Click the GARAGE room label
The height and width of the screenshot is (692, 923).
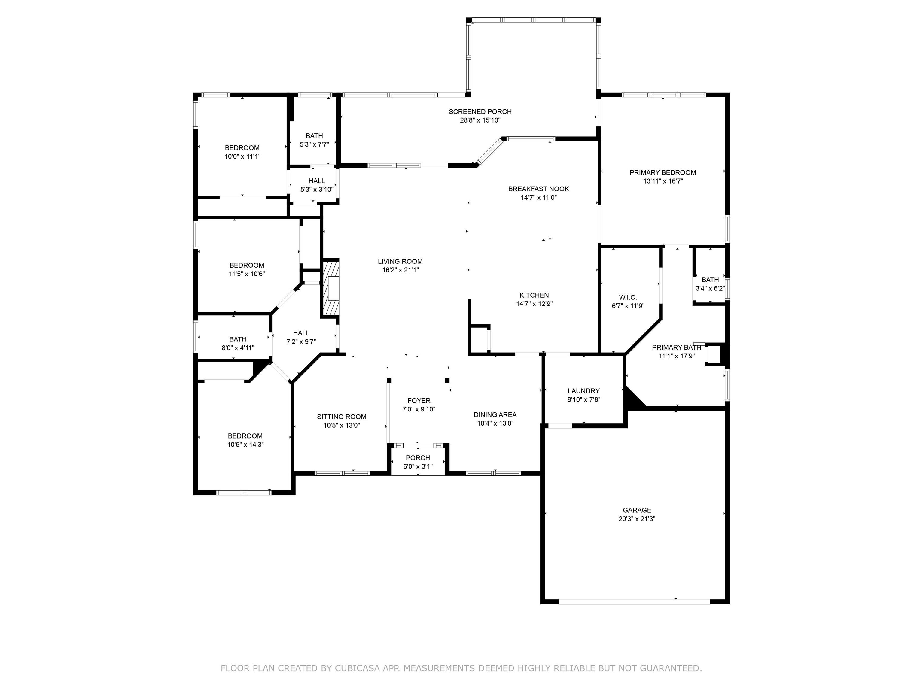[x=637, y=510]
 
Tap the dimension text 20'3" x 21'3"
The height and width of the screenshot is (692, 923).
[x=637, y=519]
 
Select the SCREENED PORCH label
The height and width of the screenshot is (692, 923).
[x=480, y=111]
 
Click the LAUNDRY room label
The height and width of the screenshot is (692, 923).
[x=583, y=391]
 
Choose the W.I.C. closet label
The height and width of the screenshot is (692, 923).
[x=628, y=297]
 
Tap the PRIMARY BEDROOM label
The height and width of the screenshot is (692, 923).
[x=663, y=172]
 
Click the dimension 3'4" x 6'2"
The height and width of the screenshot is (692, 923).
[x=710, y=288]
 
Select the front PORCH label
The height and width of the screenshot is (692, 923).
[x=418, y=458]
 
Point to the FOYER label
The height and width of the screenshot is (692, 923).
[x=419, y=400]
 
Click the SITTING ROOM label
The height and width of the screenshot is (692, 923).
[x=341, y=416]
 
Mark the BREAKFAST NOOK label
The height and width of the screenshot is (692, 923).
[x=538, y=189]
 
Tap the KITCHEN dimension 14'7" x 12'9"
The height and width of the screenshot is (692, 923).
[x=534, y=304]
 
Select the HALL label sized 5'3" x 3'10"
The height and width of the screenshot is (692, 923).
[x=316, y=181]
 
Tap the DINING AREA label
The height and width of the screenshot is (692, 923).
[x=495, y=414]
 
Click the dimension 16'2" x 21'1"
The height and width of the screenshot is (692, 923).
[x=400, y=270]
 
